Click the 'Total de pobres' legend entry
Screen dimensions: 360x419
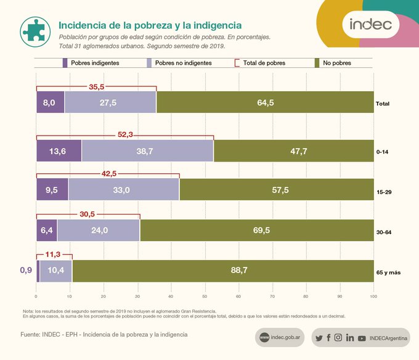tap(262, 63)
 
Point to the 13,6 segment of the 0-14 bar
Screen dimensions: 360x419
tap(59, 151)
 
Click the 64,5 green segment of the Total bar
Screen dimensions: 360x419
tap(265, 103)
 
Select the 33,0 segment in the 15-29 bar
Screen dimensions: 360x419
tap(123, 190)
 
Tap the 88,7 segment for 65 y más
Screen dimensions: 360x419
tap(222, 271)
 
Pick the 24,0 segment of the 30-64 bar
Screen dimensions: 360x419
tap(99, 231)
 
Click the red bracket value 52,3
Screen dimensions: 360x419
tap(125, 134)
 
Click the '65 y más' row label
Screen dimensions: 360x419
tap(388, 271)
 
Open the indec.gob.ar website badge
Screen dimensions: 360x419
tap(280, 338)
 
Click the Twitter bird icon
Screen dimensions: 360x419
tap(319, 338)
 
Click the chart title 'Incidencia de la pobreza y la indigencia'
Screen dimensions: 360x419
tap(150, 25)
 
